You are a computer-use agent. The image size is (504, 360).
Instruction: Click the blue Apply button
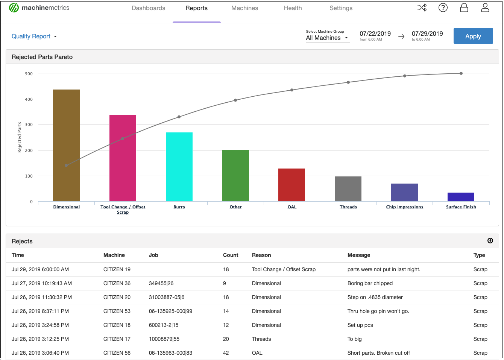(473, 36)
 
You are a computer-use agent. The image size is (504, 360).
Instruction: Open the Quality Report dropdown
(34, 36)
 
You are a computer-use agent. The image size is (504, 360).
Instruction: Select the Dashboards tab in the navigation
(148, 8)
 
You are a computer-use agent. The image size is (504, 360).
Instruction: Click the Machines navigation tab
(244, 8)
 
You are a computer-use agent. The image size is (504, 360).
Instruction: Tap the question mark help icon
(443, 8)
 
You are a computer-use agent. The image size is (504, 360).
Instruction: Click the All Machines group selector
(327, 38)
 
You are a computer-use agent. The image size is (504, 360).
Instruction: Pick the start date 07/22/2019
(375, 34)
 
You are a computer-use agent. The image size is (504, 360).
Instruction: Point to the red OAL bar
(291, 185)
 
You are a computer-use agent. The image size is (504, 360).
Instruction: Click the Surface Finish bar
(461, 197)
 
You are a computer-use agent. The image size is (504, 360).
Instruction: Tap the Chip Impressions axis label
(404, 207)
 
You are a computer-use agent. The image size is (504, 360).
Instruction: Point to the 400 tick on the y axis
(29, 99)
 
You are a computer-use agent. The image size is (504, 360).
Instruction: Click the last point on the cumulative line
(461, 73)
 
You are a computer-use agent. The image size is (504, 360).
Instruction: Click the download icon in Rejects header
(490, 241)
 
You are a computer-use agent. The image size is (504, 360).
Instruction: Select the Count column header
(230, 255)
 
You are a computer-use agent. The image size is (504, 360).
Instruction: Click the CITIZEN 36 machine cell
(117, 283)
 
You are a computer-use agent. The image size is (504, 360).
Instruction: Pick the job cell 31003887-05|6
(167, 297)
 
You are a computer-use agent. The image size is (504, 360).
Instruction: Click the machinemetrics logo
(39, 8)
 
